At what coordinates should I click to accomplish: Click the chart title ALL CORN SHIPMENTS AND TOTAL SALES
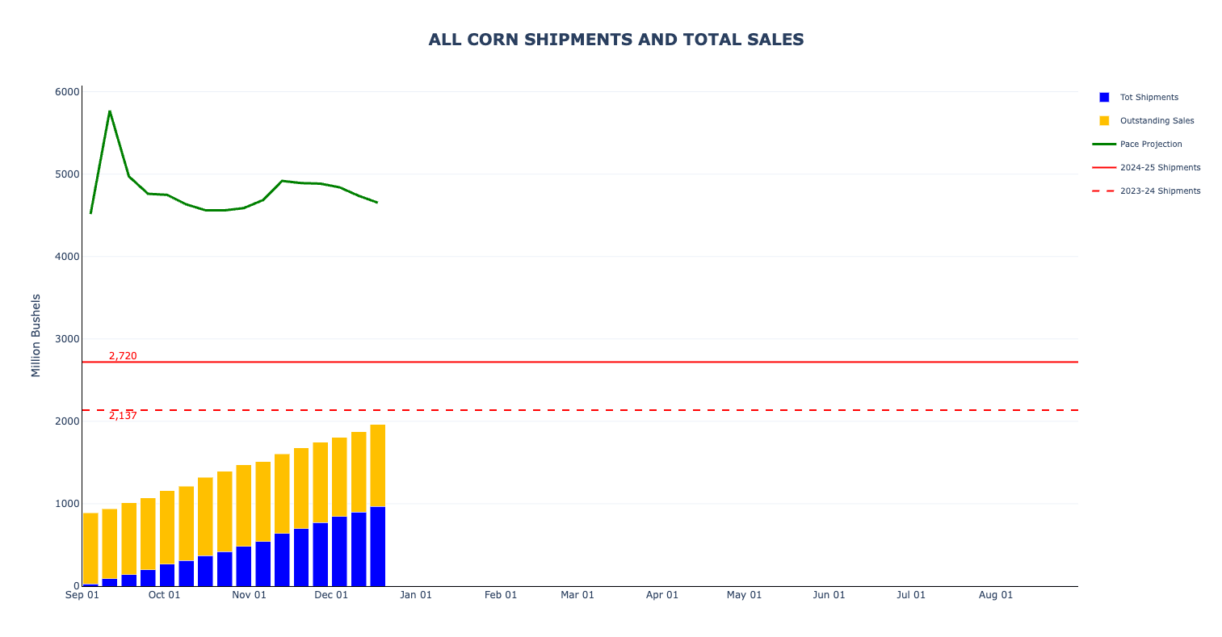click(615, 40)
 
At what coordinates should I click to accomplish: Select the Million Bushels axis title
click(36, 335)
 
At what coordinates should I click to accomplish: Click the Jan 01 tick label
click(416, 595)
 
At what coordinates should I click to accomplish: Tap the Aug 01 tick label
click(995, 595)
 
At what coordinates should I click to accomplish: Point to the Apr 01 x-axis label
click(661, 595)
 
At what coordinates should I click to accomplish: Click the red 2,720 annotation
click(123, 356)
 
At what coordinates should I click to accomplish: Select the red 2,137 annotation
click(123, 416)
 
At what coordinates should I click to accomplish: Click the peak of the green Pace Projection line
click(109, 111)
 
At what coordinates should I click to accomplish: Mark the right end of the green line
click(377, 203)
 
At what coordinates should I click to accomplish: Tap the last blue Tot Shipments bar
click(377, 547)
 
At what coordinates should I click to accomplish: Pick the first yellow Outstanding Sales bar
click(90, 548)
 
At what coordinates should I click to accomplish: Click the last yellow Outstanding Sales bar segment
click(377, 466)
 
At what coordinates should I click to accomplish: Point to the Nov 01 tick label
click(249, 595)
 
